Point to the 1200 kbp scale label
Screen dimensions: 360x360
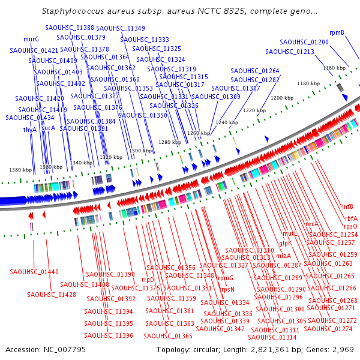(281, 97)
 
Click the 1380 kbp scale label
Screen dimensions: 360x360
(19, 170)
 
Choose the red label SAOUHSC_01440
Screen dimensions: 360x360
(34, 272)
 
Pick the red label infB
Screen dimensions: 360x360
(347, 207)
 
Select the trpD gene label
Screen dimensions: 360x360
(148, 279)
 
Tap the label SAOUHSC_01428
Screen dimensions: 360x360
(51, 295)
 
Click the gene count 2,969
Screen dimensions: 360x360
(344, 349)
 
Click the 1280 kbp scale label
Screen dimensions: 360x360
(169, 142)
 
